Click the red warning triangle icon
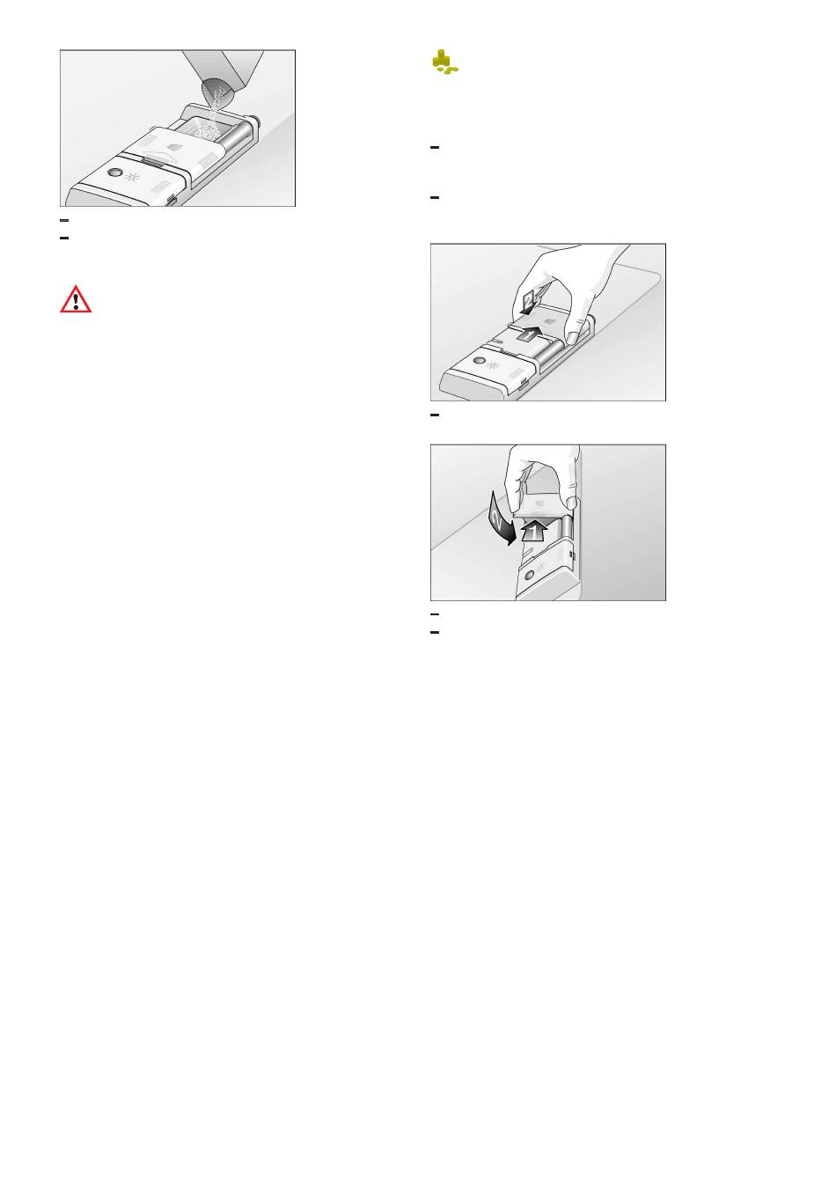pyautogui.click(x=76, y=299)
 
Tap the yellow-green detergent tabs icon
pyautogui.click(x=444, y=62)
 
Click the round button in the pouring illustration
pyautogui.click(x=113, y=173)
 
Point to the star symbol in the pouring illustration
pyautogui.click(x=131, y=177)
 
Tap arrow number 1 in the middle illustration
pyautogui.click(x=529, y=334)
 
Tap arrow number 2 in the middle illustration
pyautogui.click(x=529, y=303)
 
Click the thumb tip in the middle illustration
pyautogui.click(x=571, y=336)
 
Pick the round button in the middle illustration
pyautogui.click(x=479, y=361)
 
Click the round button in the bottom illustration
pyautogui.click(x=529, y=576)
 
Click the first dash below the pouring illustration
pyautogui.click(x=64, y=220)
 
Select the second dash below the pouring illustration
pyautogui.click(x=64, y=239)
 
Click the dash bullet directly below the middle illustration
pyautogui.click(x=435, y=415)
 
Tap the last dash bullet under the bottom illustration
pyautogui.click(x=435, y=632)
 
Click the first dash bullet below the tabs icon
pyautogui.click(x=435, y=147)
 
